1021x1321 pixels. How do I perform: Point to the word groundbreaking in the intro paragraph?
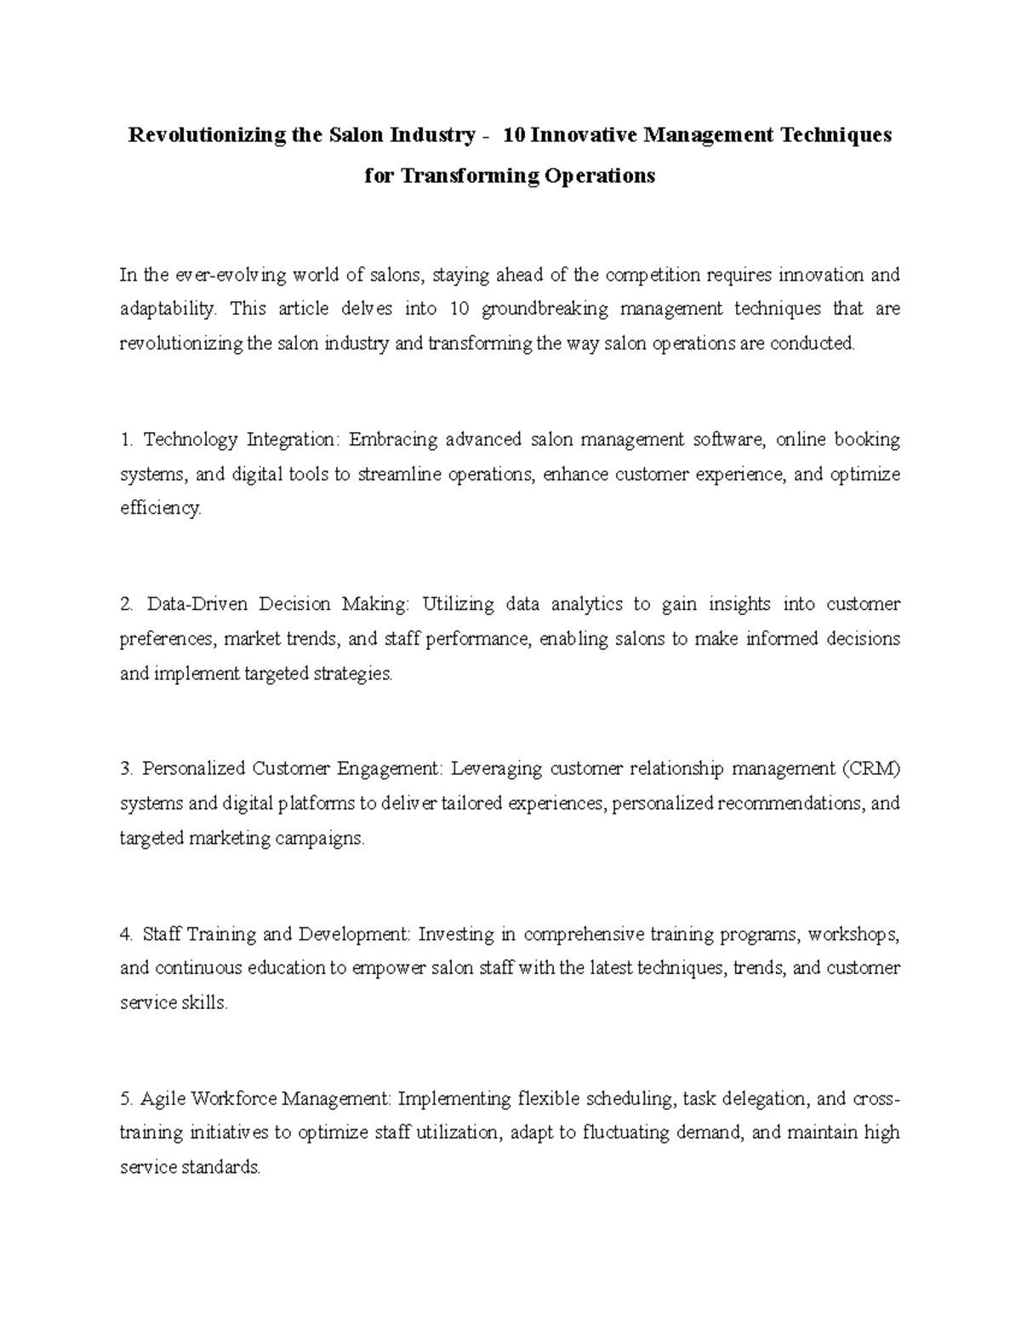click(x=545, y=309)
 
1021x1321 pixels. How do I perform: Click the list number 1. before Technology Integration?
click(x=128, y=440)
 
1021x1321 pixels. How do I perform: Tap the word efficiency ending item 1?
click(x=160, y=509)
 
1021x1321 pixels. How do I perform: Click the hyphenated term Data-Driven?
click(x=197, y=605)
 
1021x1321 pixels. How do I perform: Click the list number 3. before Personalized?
click(x=128, y=769)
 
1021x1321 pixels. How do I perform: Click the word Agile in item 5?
click(x=162, y=1099)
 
